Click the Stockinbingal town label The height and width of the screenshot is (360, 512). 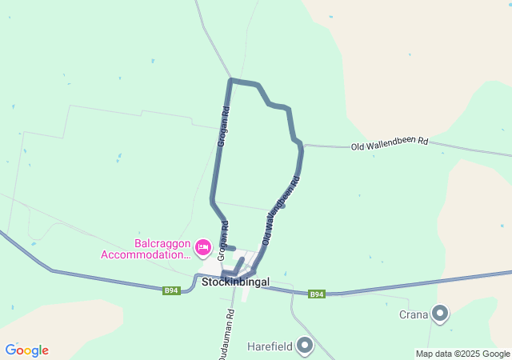(x=235, y=282)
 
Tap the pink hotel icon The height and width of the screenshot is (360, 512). (x=202, y=247)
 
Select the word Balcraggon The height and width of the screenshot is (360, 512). (x=162, y=243)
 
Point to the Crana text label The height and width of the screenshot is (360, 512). (x=414, y=314)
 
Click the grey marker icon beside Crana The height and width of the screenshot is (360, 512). (x=440, y=314)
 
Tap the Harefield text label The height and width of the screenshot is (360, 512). (x=269, y=346)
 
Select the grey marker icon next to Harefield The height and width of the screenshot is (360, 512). (x=305, y=346)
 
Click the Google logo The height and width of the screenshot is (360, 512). (x=26, y=350)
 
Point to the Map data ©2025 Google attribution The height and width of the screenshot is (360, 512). (x=462, y=354)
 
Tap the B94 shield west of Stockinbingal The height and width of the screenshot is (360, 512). (x=171, y=290)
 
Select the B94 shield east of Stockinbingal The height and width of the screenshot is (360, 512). (x=318, y=294)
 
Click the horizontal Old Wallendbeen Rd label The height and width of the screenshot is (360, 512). (x=390, y=145)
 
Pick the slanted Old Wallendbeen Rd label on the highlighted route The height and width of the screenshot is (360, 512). (x=281, y=210)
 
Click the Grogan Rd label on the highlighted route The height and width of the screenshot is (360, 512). (x=223, y=126)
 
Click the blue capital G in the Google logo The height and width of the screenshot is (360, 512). (x=10, y=350)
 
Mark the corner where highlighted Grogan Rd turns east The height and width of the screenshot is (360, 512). (x=231, y=80)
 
